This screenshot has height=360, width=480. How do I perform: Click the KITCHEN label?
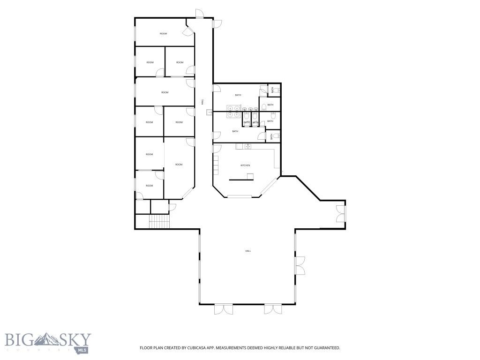[245, 165]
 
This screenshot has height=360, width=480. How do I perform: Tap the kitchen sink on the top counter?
[247, 147]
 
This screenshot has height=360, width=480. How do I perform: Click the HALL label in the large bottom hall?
[247, 251]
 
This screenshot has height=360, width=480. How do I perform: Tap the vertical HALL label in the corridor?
[202, 100]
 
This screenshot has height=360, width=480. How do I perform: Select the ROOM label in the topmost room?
[163, 34]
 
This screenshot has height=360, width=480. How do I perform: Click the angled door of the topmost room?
[188, 31]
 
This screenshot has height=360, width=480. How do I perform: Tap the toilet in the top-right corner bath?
[277, 90]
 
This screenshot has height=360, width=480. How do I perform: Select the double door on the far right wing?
[341, 213]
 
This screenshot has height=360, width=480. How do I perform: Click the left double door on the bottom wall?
[223, 309]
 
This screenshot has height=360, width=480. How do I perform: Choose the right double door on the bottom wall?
[271, 309]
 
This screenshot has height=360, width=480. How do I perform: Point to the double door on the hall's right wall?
[300, 265]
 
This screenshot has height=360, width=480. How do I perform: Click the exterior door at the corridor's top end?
[199, 14]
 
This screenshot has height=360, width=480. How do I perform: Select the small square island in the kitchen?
[250, 176]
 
